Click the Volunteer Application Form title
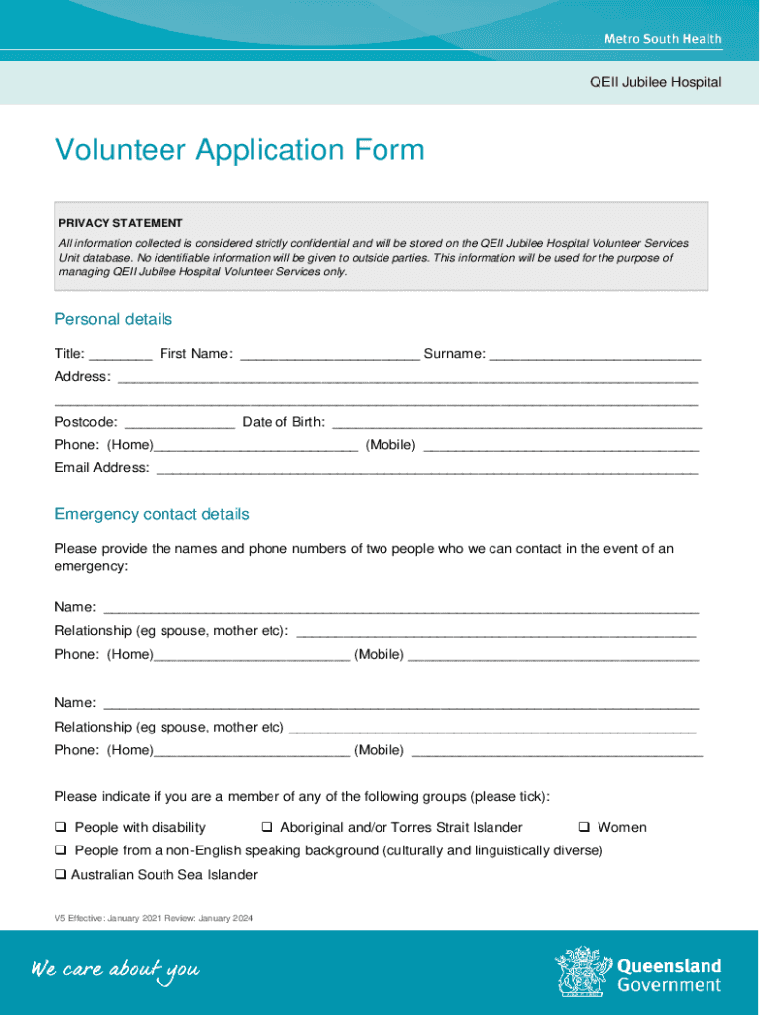click(x=240, y=151)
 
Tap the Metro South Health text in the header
click(x=663, y=39)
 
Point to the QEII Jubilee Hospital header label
click(x=655, y=82)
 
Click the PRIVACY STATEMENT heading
click(x=120, y=223)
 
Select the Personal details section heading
click(x=113, y=319)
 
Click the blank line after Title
click(x=120, y=354)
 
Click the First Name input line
click(x=329, y=354)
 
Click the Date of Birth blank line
click(x=515, y=423)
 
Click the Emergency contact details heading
click(x=152, y=514)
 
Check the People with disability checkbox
click(x=61, y=827)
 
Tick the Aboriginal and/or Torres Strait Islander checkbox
click(x=268, y=827)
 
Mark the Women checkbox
click(x=585, y=827)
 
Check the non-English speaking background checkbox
click(x=61, y=850)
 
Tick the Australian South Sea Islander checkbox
click(x=61, y=875)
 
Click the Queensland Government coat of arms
click(x=583, y=971)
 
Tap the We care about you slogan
click(x=115, y=969)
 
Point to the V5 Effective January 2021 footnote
click(x=154, y=918)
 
